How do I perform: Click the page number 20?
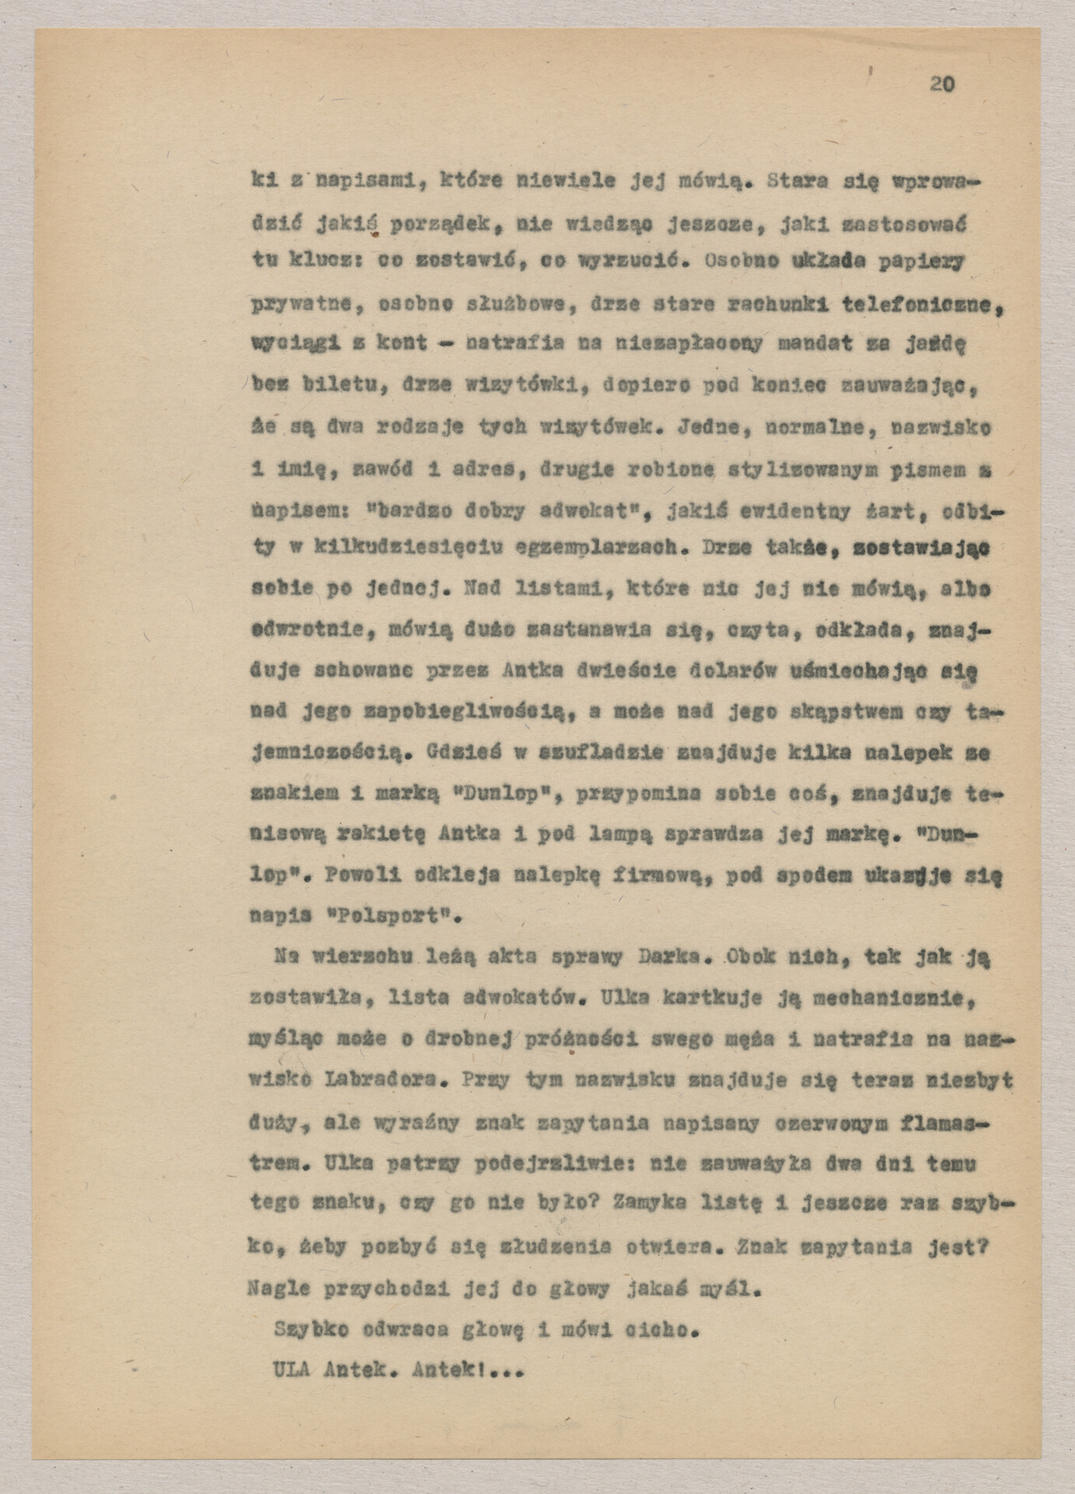(942, 84)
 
